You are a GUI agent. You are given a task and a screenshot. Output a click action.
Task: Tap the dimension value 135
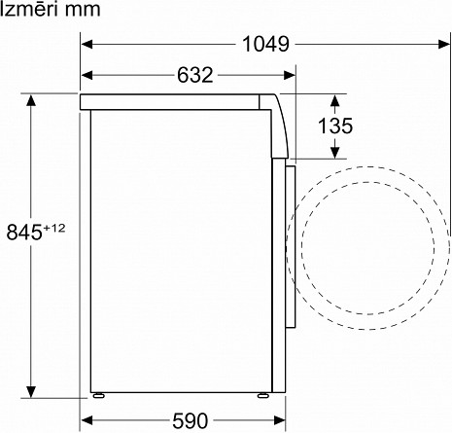pos(333,126)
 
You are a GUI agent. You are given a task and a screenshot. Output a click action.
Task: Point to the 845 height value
pos(24,232)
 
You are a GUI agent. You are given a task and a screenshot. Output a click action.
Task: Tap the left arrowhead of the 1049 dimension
pos(86,44)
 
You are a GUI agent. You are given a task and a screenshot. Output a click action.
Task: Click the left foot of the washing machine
pos(97,395)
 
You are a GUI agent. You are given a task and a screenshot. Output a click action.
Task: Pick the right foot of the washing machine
pos(263,395)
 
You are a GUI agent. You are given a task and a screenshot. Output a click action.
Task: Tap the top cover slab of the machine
pos(175,101)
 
